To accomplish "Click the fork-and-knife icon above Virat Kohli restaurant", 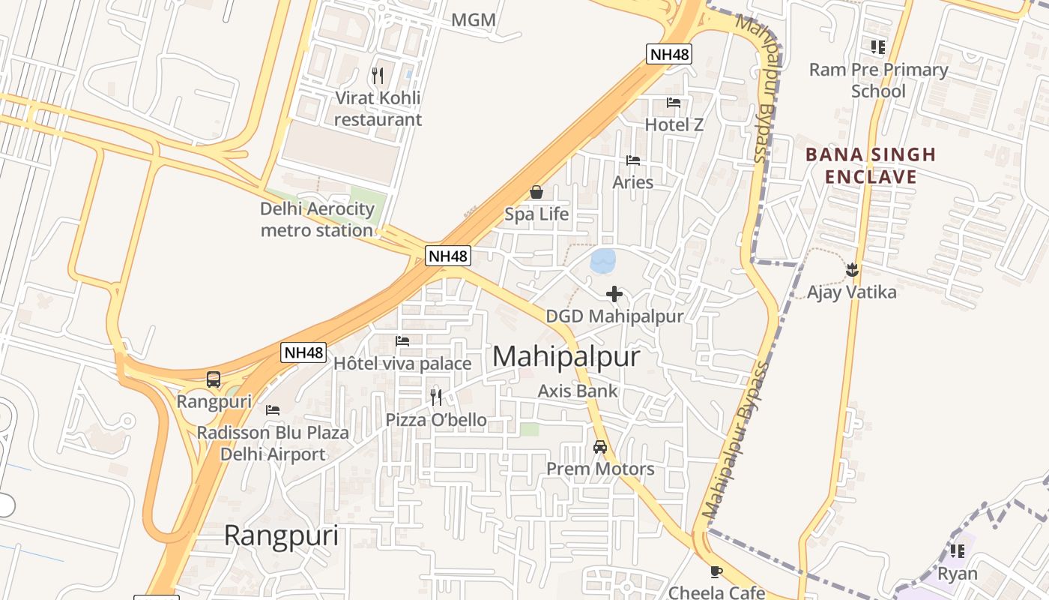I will (378, 75).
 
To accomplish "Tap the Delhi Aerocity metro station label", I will (317, 219).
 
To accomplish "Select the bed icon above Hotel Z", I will (674, 103).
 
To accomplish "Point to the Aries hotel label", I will (633, 182).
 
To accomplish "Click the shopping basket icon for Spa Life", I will (536, 193).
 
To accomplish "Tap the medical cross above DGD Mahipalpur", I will (614, 293).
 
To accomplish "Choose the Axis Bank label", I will (578, 391).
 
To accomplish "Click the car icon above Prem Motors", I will (599, 447).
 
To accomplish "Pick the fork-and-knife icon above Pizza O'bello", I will (436, 397).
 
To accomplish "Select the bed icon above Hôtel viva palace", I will (402, 341).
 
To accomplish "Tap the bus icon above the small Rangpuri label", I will (214, 379).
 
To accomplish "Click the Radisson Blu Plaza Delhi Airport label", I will (273, 443).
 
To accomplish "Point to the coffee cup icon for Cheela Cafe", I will (716, 572).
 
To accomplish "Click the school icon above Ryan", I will (958, 551).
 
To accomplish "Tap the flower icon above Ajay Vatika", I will (851, 268).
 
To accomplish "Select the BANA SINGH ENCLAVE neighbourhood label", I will (871, 166).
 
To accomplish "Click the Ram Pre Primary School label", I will (878, 80).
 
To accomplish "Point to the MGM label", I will (474, 20).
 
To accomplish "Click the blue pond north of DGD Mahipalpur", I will (603, 261).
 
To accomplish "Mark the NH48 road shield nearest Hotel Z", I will (669, 54).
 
